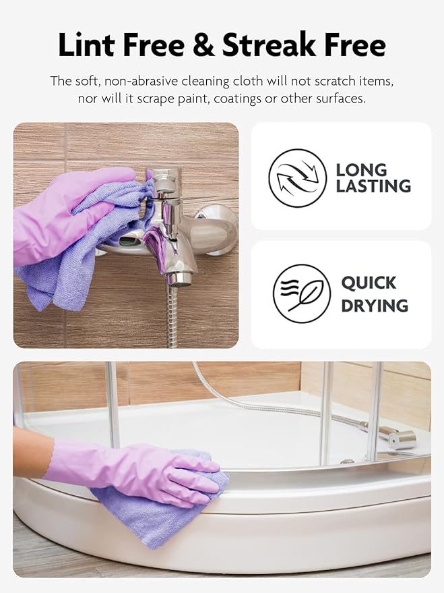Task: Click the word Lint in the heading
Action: pos(88,45)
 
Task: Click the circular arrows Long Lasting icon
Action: pos(297,177)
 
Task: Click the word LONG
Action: pos(361,169)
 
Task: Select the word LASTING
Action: pos(373,186)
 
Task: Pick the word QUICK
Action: pos(369,283)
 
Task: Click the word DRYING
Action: pos(374,306)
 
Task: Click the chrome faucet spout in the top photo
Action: pos(181,266)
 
